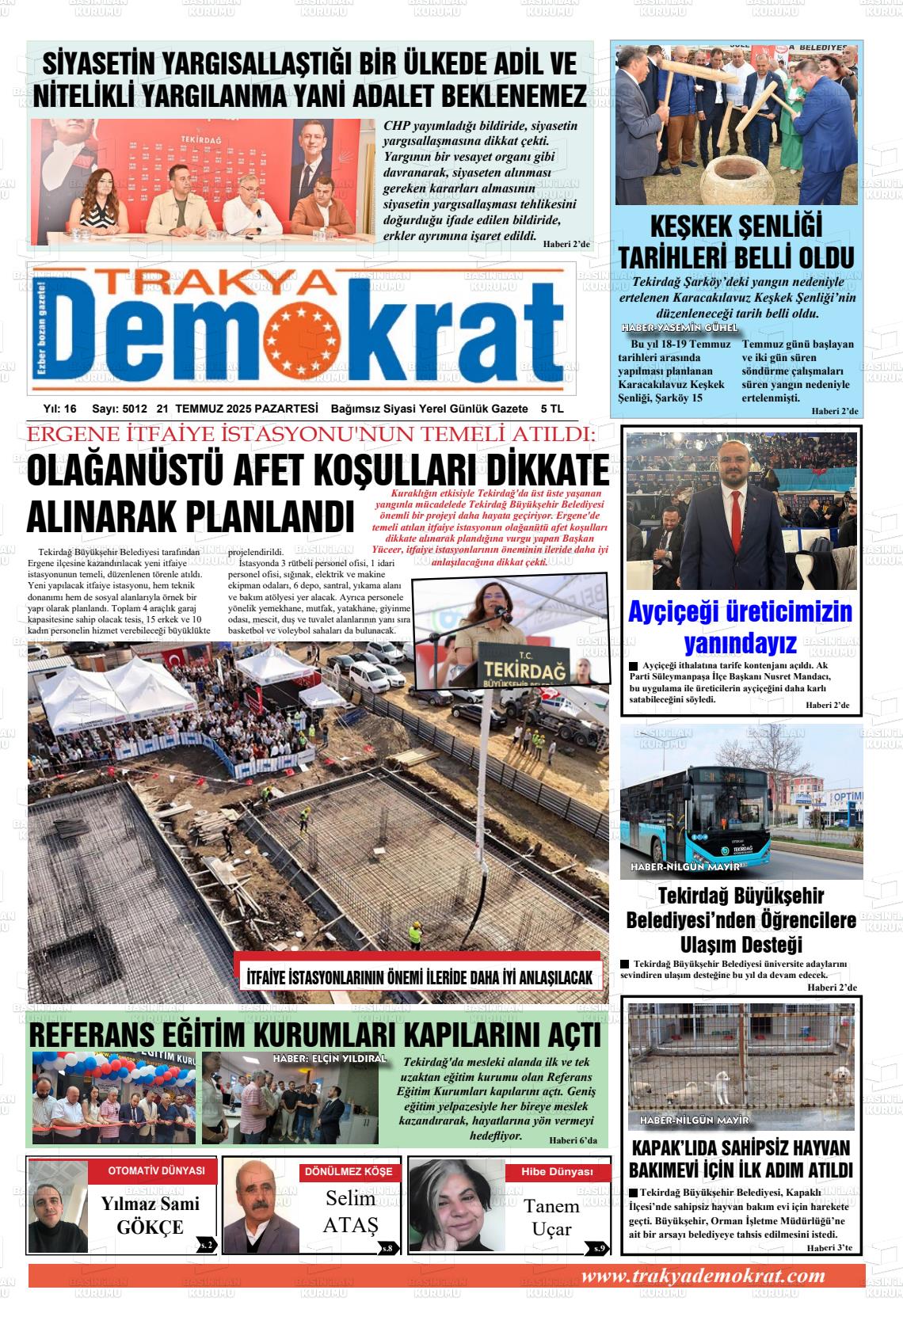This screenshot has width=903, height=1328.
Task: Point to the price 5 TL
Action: [551, 409]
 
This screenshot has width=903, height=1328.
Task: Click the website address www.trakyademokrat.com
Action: [703, 1276]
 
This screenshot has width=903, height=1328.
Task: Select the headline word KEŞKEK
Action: [691, 227]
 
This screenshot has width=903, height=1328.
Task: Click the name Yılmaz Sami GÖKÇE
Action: [150, 1216]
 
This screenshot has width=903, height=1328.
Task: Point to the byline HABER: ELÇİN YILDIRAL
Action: [329, 1058]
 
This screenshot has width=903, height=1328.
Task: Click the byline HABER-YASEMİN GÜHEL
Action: [679, 328]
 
